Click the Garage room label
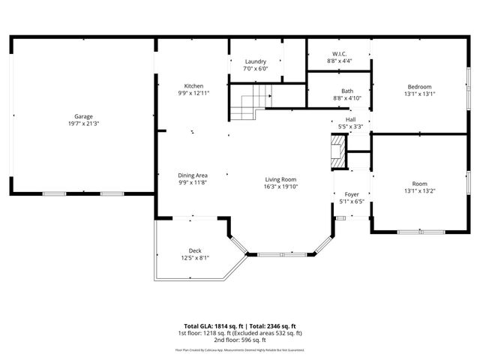pos(83,116)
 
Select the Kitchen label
pos(194,85)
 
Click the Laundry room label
pos(256,61)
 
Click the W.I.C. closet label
pos(339,53)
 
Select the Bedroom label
pos(420,86)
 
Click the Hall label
pos(350,119)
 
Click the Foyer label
pos(352,194)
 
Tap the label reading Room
pos(419,184)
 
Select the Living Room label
pos(280,179)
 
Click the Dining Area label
pos(193,175)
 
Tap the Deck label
pos(195,250)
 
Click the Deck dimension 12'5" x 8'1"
pos(195,258)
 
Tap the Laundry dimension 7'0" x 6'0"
pos(256,68)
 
